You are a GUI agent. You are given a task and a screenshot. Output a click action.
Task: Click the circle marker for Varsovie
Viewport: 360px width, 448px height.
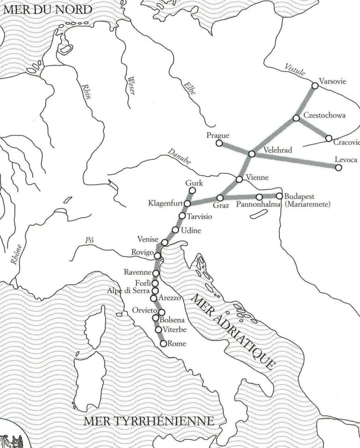tap(315, 86)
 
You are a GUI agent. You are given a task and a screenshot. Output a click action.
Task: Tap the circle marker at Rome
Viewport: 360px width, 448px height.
tap(163, 343)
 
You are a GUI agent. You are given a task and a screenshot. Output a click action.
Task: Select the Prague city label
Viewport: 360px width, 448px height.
tap(217, 136)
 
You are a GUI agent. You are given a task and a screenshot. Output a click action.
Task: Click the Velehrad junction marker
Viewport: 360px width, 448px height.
tap(252, 154)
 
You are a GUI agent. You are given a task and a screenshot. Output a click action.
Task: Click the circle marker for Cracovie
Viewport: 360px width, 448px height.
tap(329, 138)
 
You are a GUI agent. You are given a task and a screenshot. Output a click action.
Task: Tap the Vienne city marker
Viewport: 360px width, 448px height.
tap(239, 179)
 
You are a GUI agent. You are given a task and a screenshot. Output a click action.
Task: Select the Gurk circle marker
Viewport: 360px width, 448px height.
tap(191, 191)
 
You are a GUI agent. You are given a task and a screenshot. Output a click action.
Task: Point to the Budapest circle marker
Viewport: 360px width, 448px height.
tap(279, 196)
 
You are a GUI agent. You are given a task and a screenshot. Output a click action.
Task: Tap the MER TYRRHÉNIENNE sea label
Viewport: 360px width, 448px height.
tap(149, 421)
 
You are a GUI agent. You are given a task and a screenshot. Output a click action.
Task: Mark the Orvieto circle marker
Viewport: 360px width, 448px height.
tap(161, 312)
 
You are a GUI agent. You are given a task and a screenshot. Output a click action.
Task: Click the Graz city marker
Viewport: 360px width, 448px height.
tap(220, 198)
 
